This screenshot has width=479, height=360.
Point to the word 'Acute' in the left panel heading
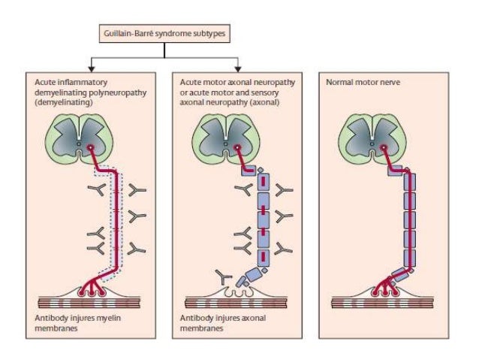click(46, 79)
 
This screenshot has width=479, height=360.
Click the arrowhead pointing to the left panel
click(91, 67)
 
